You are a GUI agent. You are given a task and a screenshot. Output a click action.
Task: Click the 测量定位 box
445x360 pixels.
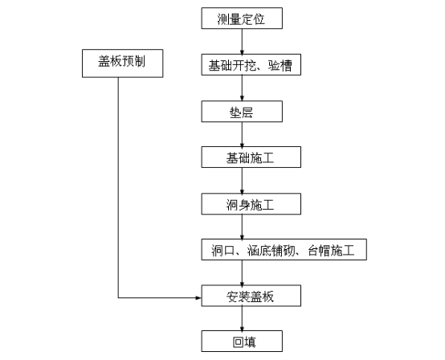click(x=242, y=18)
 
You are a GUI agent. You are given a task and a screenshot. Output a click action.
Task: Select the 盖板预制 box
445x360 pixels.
click(x=123, y=63)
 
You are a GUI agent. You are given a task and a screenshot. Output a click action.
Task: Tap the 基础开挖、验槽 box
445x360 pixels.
click(x=251, y=65)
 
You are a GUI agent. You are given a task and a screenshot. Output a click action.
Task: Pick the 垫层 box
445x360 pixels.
click(x=242, y=111)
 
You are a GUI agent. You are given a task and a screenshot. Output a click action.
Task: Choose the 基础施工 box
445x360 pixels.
click(x=251, y=157)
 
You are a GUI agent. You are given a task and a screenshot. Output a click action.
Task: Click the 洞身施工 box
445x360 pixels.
click(x=251, y=204)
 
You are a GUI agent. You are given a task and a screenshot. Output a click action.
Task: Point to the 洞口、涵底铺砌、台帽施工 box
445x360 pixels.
click(x=284, y=250)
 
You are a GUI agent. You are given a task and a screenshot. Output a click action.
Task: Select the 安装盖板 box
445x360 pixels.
click(x=251, y=296)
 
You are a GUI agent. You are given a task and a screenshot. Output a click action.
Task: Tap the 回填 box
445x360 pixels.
click(x=242, y=341)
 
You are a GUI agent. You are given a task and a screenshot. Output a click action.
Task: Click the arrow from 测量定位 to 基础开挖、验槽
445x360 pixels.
click(x=242, y=42)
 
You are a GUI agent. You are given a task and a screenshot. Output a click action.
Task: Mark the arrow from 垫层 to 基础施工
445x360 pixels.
click(x=242, y=134)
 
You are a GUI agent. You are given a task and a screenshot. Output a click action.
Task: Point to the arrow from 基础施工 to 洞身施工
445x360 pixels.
click(x=242, y=181)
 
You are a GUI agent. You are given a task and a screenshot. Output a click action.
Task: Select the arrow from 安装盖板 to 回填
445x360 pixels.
click(x=242, y=318)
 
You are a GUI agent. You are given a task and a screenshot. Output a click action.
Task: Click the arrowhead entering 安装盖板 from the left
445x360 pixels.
click(x=198, y=298)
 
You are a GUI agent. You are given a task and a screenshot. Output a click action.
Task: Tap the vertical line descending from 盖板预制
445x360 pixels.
click(x=118, y=187)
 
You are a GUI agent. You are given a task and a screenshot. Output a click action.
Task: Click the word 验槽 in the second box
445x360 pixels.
click(x=280, y=65)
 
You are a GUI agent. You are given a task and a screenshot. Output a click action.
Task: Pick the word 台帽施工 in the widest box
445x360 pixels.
click(x=331, y=251)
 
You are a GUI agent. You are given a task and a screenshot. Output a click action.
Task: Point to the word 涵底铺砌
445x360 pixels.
click(x=271, y=251)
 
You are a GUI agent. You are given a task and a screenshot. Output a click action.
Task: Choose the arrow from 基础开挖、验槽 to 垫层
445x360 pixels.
click(x=242, y=88)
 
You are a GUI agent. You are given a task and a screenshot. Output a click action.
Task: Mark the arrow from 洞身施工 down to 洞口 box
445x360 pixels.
click(x=242, y=227)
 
